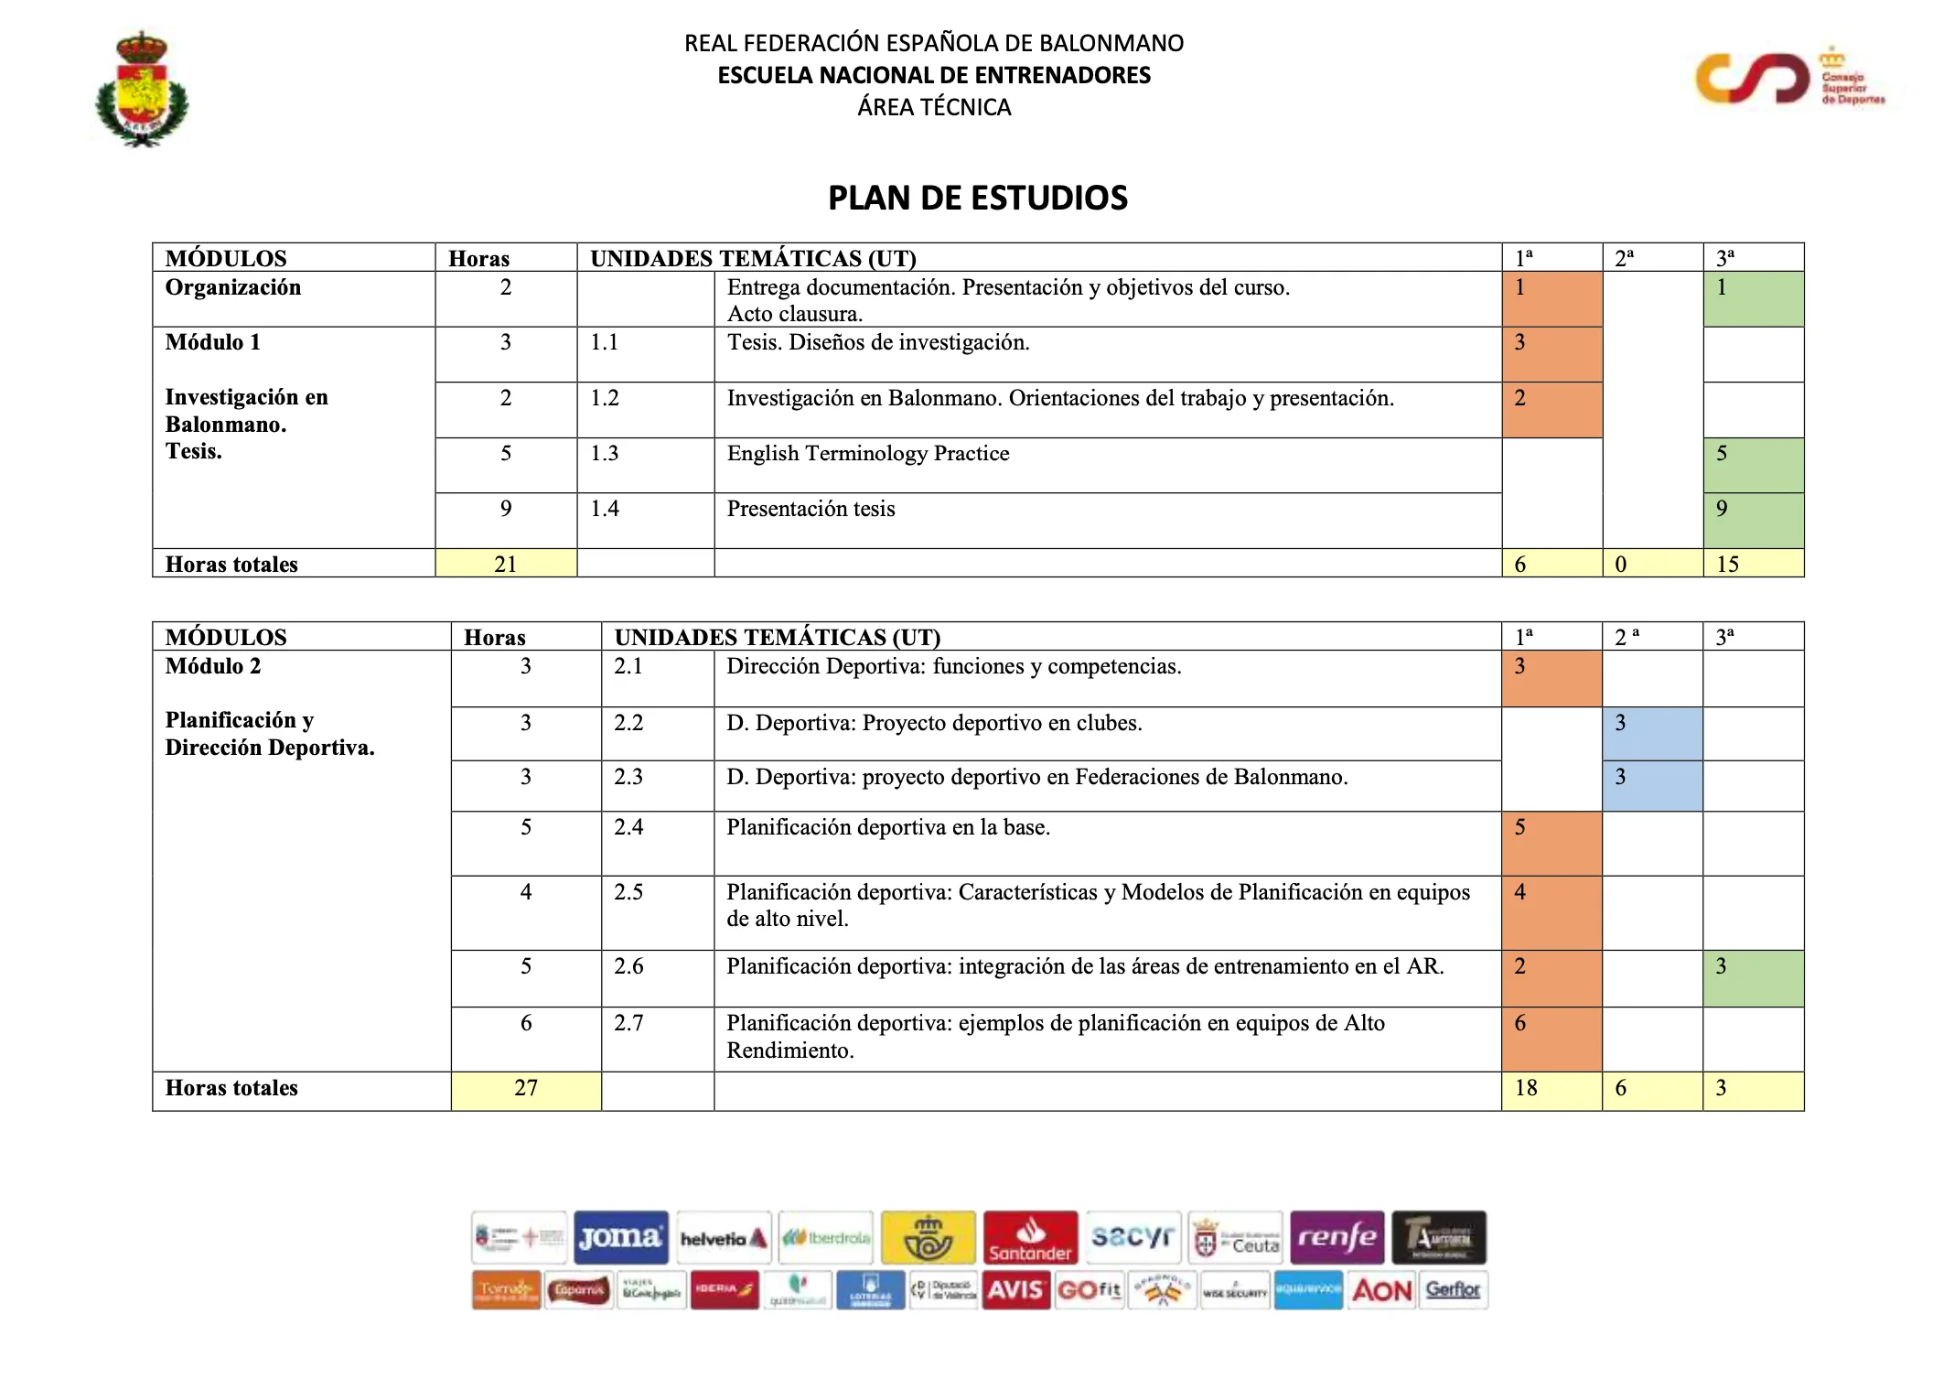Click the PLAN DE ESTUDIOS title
(977, 198)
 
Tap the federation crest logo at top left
(142, 90)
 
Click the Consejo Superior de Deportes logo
(1788, 79)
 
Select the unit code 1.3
(605, 454)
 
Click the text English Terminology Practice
(867, 454)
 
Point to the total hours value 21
(506, 564)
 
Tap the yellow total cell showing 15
(1752, 564)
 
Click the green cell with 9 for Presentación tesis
(1752, 520)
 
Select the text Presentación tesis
(811, 509)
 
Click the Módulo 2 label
(213, 666)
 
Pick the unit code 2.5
(628, 892)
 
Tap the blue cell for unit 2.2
(1651, 733)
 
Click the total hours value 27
(526, 1088)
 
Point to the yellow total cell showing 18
(1551, 1089)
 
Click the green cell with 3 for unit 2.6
(1752, 977)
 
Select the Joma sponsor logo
(621, 1237)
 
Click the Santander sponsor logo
(1030, 1237)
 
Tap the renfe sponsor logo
(1337, 1237)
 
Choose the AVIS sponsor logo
(1015, 1290)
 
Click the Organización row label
(233, 287)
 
